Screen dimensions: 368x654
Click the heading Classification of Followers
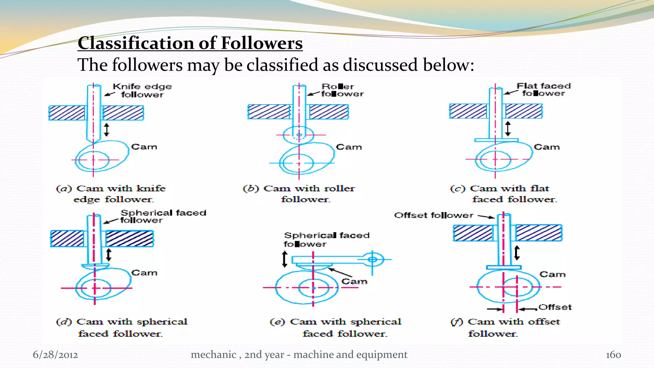(x=190, y=43)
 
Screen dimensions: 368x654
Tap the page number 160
(x=613, y=355)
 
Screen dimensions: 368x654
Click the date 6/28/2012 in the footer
(x=55, y=355)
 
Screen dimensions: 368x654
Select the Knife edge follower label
(x=142, y=90)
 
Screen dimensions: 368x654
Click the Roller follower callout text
(x=342, y=90)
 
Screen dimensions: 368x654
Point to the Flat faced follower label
(x=544, y=89)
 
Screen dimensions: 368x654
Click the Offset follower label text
(x=434, y=215)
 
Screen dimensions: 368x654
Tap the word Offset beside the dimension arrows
(x=555, y=307)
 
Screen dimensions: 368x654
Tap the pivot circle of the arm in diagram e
(x=372, y=259)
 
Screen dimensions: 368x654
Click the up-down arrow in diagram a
(x=107, y=130)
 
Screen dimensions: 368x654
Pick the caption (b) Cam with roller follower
(x=299, y=194)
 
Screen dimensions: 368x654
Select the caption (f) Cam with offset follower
(x=505, y=327)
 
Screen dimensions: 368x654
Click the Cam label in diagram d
(x=144, y=273)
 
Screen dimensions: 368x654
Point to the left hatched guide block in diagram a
(x=67, y=113)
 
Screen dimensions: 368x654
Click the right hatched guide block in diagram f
(x=539, y=233)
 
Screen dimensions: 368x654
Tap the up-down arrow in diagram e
(x=285, y=259)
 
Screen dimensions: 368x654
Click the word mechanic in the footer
(x=213, y=355)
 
